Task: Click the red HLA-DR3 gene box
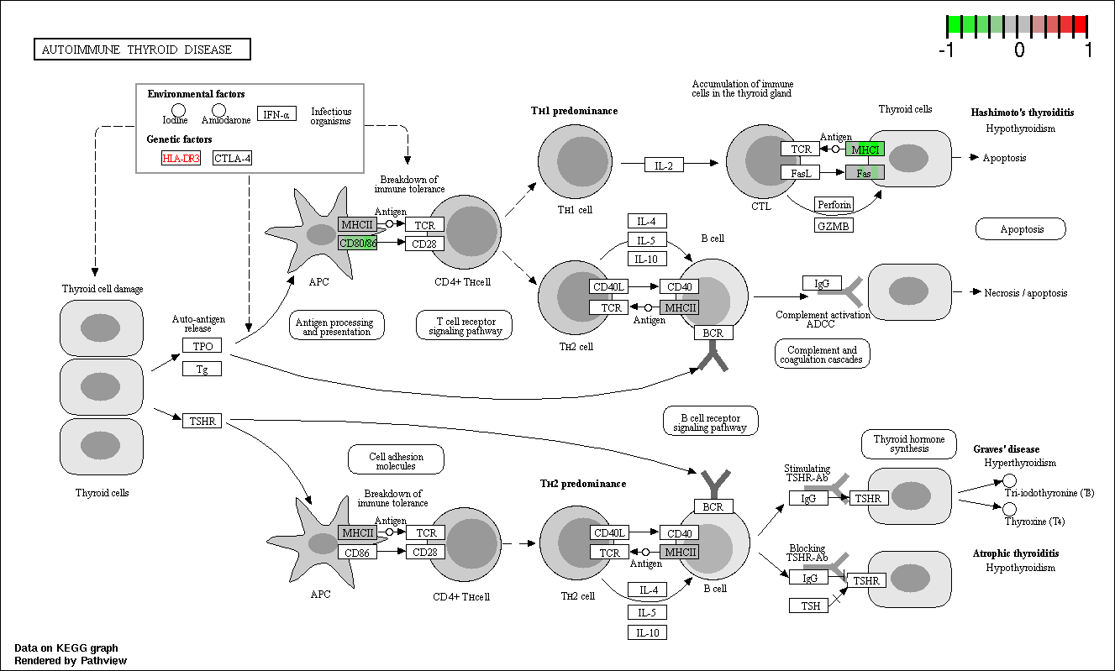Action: (181, 158)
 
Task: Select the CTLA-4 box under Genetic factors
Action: (232, 158)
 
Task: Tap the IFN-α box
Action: (276, 114)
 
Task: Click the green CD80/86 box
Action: (357, 244)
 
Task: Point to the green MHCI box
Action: (865, 149)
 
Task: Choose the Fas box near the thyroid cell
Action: (865, 173)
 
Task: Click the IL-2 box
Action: (664, 165)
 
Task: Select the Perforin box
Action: (834, 204)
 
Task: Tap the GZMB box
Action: (834, 225)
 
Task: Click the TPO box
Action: (202, 346)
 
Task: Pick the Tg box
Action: (202, 369)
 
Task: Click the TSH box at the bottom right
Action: (809, 605)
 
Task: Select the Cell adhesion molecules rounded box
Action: (396, 459)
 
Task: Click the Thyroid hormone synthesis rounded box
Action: (909, 444)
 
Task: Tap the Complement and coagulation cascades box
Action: (823, 354)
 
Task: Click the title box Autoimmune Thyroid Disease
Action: (142, 50)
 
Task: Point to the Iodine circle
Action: (178, 110)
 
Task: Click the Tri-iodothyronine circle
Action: (1009, 480)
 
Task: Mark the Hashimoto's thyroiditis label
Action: (1023, 113)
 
